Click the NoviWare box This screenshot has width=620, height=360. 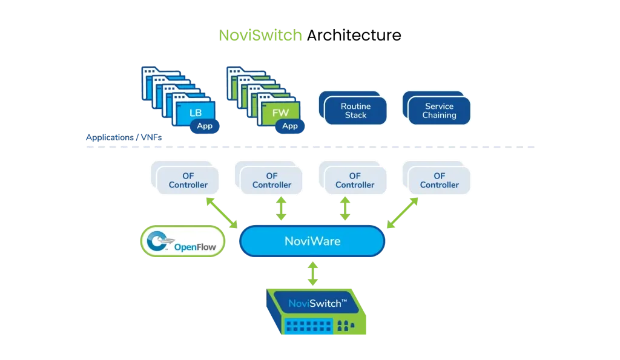312,241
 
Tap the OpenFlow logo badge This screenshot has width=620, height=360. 183,241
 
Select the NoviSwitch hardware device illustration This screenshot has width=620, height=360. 317,310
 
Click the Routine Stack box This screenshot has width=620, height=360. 355,110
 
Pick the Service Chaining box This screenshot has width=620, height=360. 439,110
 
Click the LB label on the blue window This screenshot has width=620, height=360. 196,113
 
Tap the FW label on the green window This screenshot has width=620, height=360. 280,113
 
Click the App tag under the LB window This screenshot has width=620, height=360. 205,126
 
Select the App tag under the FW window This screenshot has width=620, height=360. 290,126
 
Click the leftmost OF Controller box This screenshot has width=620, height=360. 188,180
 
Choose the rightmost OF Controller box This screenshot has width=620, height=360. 439,180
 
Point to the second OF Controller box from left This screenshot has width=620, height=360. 272,180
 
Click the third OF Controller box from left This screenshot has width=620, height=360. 355,180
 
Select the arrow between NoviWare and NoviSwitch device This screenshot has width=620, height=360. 312,273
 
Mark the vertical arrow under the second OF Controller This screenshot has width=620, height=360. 281,209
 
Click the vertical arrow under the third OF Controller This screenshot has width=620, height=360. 346,209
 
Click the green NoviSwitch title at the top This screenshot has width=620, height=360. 261,36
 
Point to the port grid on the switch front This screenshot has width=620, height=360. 308,326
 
